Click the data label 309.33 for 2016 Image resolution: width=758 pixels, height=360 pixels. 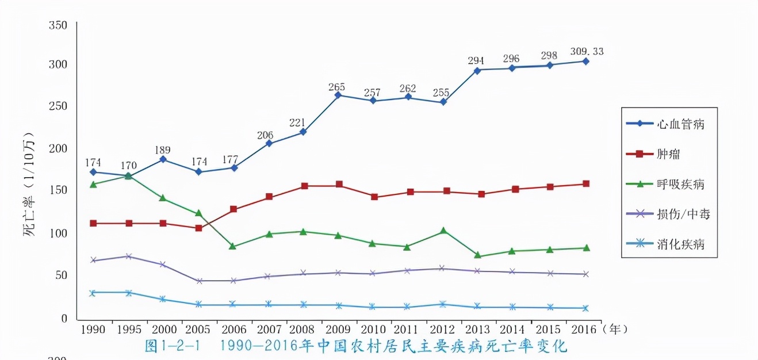click(587, 52)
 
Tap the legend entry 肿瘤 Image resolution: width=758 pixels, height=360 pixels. click(669, 154)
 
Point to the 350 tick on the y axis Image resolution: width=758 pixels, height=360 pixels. click(59, 25)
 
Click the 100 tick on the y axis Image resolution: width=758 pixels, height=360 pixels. click(59, 233)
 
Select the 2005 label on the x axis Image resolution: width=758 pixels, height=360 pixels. click(198, 330)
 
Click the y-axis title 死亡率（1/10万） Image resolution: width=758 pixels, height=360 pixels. click(29, 184)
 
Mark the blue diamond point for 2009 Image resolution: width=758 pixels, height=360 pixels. click(339, 95)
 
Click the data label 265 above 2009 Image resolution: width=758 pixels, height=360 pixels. click(336, 87)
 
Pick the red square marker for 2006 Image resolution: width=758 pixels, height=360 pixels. click(233, 209)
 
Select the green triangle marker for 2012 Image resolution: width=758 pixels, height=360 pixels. click(443, 231)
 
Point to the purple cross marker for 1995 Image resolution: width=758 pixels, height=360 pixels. click(128, 256)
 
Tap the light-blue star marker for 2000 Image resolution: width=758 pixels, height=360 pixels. click(163, 299)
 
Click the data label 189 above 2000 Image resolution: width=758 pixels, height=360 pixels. click(163, 150)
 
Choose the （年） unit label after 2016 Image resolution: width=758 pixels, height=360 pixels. click(613, 330)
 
